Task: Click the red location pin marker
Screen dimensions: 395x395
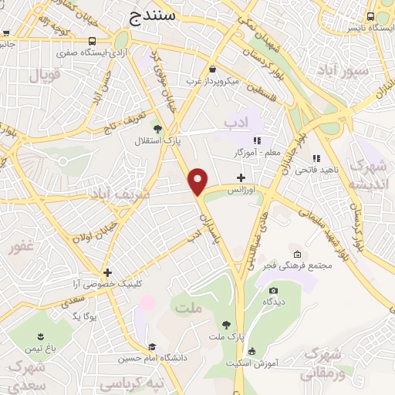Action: coord(199,181)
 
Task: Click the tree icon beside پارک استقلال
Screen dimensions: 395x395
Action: coord(158,129)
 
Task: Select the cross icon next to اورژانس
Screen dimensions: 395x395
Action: coord(241,177)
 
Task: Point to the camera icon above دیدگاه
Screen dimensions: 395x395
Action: coord(273,290)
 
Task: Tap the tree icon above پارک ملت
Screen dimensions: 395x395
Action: coord(226,325)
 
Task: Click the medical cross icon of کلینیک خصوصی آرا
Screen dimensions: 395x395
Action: coord(107,272)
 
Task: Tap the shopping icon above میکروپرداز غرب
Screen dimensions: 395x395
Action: coord(212,68)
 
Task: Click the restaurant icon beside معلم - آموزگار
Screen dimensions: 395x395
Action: coord(256,140)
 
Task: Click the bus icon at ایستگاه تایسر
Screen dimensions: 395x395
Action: coord(371,15)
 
